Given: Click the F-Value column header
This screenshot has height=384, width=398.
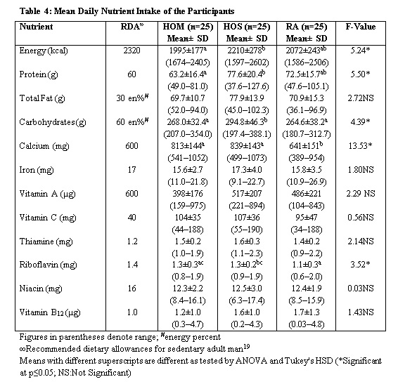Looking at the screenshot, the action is click(361, 27).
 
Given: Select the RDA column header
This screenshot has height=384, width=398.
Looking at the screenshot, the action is click(132, 27).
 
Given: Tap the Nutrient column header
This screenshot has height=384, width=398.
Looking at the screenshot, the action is click(36, 27).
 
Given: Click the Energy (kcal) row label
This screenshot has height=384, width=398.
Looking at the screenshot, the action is click(44, 51).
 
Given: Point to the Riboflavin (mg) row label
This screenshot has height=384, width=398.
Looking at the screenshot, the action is click(49, 265).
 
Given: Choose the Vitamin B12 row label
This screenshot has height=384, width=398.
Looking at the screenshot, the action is click(50, 312).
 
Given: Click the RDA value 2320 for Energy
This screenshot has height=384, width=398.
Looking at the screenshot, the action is click(131, 51).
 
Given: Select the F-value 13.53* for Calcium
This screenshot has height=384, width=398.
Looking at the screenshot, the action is click(361, 146).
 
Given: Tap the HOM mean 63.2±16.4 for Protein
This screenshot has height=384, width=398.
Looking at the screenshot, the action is click(188, 74).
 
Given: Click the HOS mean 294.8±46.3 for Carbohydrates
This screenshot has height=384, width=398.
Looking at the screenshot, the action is click(247, 122).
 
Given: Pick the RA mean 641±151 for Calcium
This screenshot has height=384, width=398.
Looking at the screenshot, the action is click(306, 146).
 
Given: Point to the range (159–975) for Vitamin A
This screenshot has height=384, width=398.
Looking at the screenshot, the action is click(188, 206).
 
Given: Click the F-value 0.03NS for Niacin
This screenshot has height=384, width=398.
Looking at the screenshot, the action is click(361, 289).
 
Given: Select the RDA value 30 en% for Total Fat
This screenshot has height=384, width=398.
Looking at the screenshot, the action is click(132, 98).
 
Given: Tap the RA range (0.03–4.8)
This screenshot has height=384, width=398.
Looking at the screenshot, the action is click(307, 325).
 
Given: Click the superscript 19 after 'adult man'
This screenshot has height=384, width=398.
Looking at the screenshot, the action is click(247, 346).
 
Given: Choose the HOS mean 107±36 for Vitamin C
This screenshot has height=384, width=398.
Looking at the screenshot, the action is click(247, 218).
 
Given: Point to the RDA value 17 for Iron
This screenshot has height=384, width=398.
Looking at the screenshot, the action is click(131, 170).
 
